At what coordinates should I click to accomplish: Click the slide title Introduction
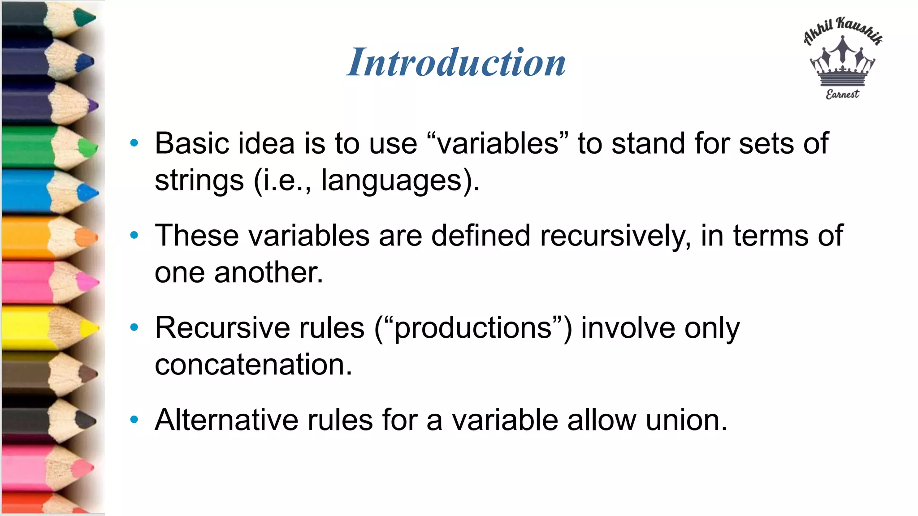456,62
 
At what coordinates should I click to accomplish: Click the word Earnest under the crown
842,94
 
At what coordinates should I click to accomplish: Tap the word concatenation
253,365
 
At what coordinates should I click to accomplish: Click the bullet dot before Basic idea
134,143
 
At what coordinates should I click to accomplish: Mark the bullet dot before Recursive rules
134,328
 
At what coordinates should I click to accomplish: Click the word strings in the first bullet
199,181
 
